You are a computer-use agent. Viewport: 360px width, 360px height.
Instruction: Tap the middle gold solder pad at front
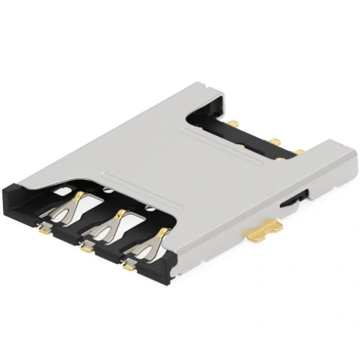point(87,245)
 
